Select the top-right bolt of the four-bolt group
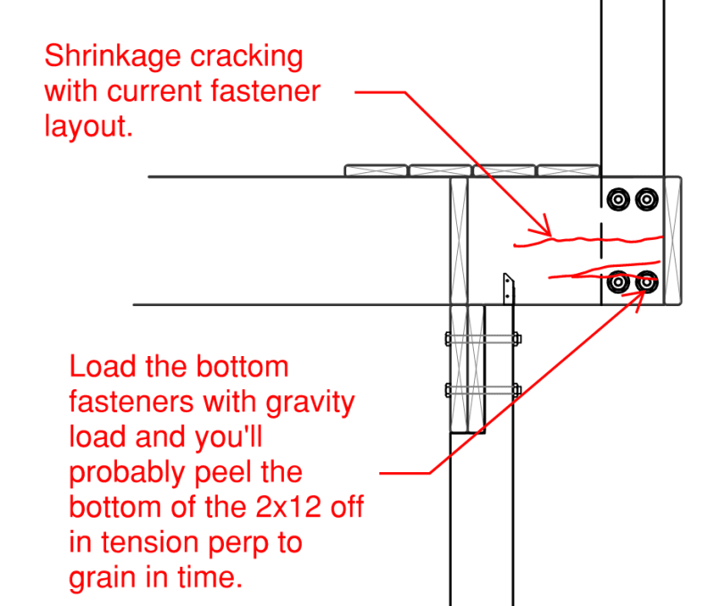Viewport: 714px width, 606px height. (645, 199)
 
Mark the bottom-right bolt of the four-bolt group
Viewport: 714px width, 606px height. (645, 283)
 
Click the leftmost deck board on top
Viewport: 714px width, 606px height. (376, 170)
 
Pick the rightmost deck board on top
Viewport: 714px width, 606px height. (569, 170)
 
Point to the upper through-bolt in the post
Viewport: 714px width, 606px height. (482, 338)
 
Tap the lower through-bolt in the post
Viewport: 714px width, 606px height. (482, 389)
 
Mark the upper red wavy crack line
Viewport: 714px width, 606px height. (589, 239)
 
